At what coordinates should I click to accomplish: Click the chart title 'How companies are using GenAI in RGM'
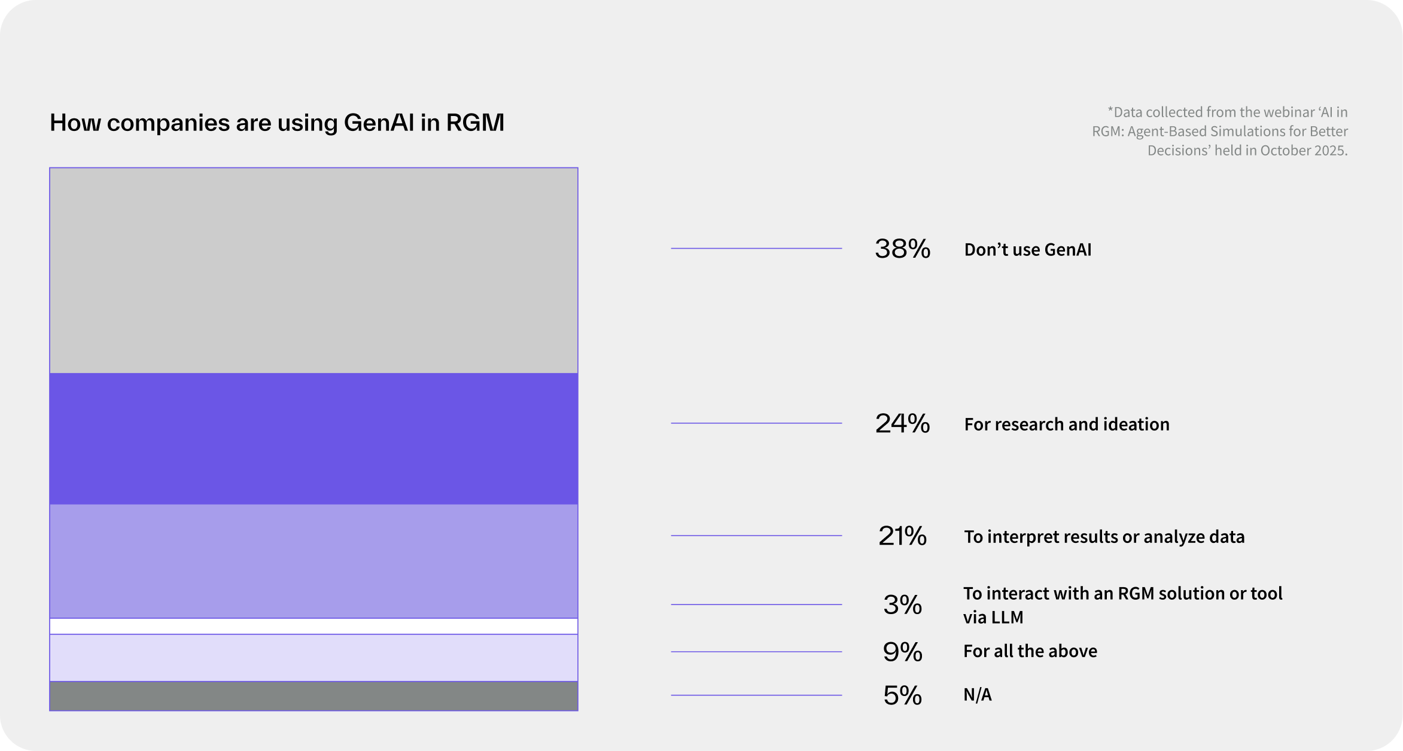(x=276, y=123)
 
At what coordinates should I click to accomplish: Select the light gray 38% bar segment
(x=314, y=270)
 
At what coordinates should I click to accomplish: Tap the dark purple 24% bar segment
(x=314, y=439)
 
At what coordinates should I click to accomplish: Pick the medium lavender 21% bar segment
(x=314, y=561)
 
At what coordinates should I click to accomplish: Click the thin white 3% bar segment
(x=314, y=626)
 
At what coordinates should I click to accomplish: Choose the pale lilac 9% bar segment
(x=314, y=658)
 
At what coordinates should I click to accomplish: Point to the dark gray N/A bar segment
(x=314, y=696)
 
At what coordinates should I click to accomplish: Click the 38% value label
(x=902, y=249)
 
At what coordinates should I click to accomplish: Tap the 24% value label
(x=902, y=423)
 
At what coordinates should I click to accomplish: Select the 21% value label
(x=902, y=536)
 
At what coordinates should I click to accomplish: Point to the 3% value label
(x=902, y=605)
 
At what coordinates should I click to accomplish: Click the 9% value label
(x=902, y=652)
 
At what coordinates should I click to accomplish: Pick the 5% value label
(x=902, y=695)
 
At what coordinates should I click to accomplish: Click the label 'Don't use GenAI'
(x=1027, y=249)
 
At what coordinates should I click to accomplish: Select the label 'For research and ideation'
(x=1066, y=424)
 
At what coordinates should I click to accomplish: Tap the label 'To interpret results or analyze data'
(x=1104, y=536)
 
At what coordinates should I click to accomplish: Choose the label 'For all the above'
(x=1030, y=651)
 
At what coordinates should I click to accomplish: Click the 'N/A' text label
(x=977, y=694)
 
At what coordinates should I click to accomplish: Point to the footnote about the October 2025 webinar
(x=1221, y=131)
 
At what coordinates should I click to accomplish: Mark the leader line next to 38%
(x=756, y=248)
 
